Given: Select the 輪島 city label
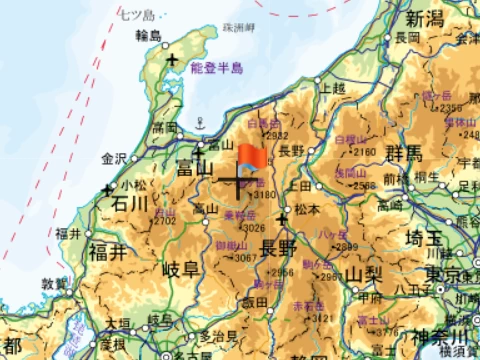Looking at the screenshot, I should (147, 37).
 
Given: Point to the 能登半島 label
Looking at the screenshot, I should (216, 69).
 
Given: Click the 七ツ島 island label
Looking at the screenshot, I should (136, 14).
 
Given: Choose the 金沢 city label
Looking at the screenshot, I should (114, 158).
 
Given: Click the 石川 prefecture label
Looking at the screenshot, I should (130, 205).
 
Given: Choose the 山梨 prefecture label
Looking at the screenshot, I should (367, 274).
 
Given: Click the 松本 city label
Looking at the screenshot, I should (306, 210).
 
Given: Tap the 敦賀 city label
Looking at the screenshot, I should (54, 284).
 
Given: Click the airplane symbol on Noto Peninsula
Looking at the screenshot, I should (173, 61).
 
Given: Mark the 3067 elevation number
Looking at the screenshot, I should (244, 258).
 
